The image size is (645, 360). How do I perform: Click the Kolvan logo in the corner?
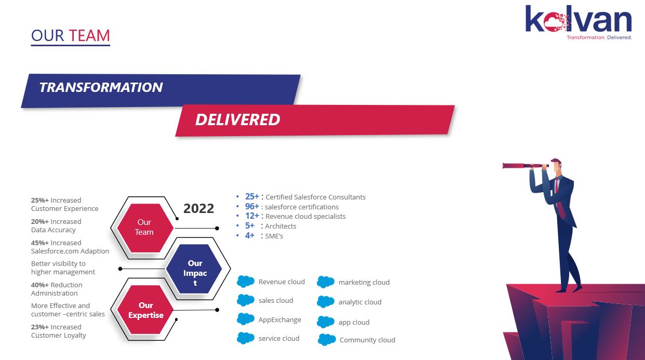coord(579,22)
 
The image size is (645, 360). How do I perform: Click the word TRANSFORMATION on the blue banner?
coord(101,88)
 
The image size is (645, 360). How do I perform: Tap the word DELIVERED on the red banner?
coord(237,120)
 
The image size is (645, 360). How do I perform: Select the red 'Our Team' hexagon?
coord(145,228)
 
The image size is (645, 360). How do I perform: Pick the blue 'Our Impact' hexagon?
coord(194,269)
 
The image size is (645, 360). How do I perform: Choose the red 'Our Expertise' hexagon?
coord(145,310)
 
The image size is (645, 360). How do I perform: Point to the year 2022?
coord(199,208)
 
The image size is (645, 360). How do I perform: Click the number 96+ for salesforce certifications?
coord(252,207)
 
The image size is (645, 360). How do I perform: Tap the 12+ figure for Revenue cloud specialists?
coord(252,216)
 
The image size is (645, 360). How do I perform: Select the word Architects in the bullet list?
coord(280,226)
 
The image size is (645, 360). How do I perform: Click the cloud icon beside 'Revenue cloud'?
coord(246,282)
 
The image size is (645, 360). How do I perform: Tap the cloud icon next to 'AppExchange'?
coord(246,319)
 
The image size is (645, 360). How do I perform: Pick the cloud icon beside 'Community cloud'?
coord(327,340)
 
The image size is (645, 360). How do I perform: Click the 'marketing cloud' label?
coord(364,282)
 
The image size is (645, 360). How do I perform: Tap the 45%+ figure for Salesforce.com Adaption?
coord(40,243)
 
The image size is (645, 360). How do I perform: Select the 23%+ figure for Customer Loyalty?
coord(40,327)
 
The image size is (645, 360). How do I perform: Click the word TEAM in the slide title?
coord(89,36)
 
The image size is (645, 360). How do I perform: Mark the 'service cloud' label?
coord(279,338)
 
